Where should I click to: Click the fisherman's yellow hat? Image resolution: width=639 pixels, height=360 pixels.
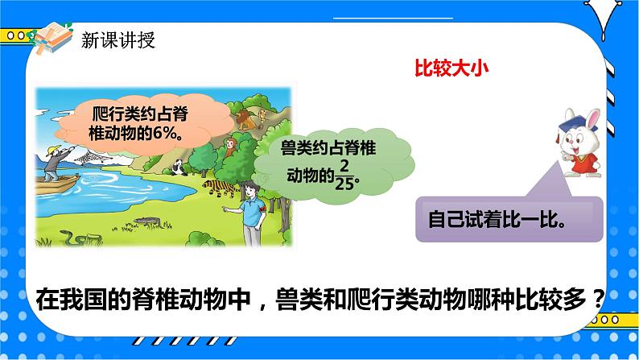click(x=52, y=151)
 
